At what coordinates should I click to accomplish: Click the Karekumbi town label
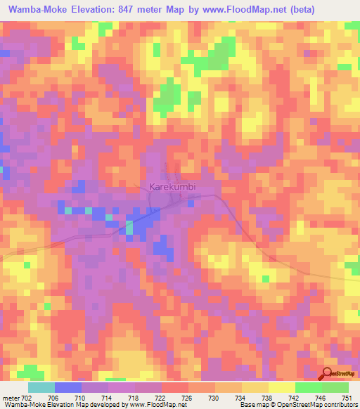pos(172,188)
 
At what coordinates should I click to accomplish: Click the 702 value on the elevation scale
pos(29,397)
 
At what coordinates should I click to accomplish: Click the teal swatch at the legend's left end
pos(41,387)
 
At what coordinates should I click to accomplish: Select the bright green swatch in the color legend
pos(309,387)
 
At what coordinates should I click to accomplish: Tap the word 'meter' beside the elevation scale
pos(10,397)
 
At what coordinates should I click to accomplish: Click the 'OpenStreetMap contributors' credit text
pos(321,405)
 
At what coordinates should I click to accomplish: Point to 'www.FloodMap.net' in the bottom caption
pos(148,405)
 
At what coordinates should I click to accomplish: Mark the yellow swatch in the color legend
pos(282,387)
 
